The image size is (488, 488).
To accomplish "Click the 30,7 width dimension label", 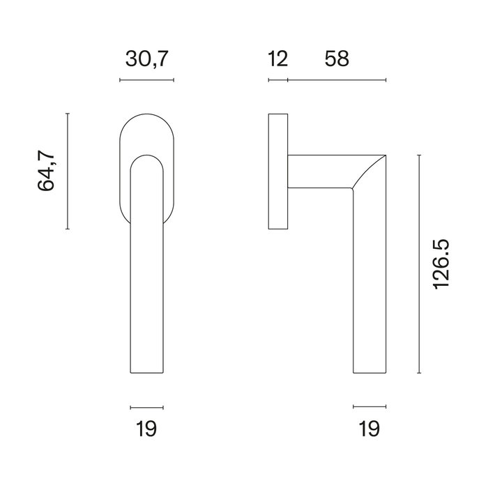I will pos(147,60).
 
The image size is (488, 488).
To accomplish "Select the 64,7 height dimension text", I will pos(47,171).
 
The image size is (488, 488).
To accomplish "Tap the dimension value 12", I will pos(277,60).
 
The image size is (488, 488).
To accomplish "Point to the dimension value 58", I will pos(336,60).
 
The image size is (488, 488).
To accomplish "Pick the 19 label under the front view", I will pos(146,429).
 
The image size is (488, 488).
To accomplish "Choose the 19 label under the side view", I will pos(369,429).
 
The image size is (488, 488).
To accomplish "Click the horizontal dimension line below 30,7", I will pos(147,81).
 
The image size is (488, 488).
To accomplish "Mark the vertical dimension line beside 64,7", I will pos(68,171).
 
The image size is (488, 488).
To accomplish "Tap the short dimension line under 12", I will pos(277,81).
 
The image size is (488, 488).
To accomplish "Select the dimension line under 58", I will pos(337,81).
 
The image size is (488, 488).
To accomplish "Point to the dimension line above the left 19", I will pos(146,406).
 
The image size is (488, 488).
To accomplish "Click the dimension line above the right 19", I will pos(369,406).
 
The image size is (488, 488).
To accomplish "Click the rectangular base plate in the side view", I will pos(278,171).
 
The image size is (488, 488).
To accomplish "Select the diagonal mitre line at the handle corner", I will pos(369,171).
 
